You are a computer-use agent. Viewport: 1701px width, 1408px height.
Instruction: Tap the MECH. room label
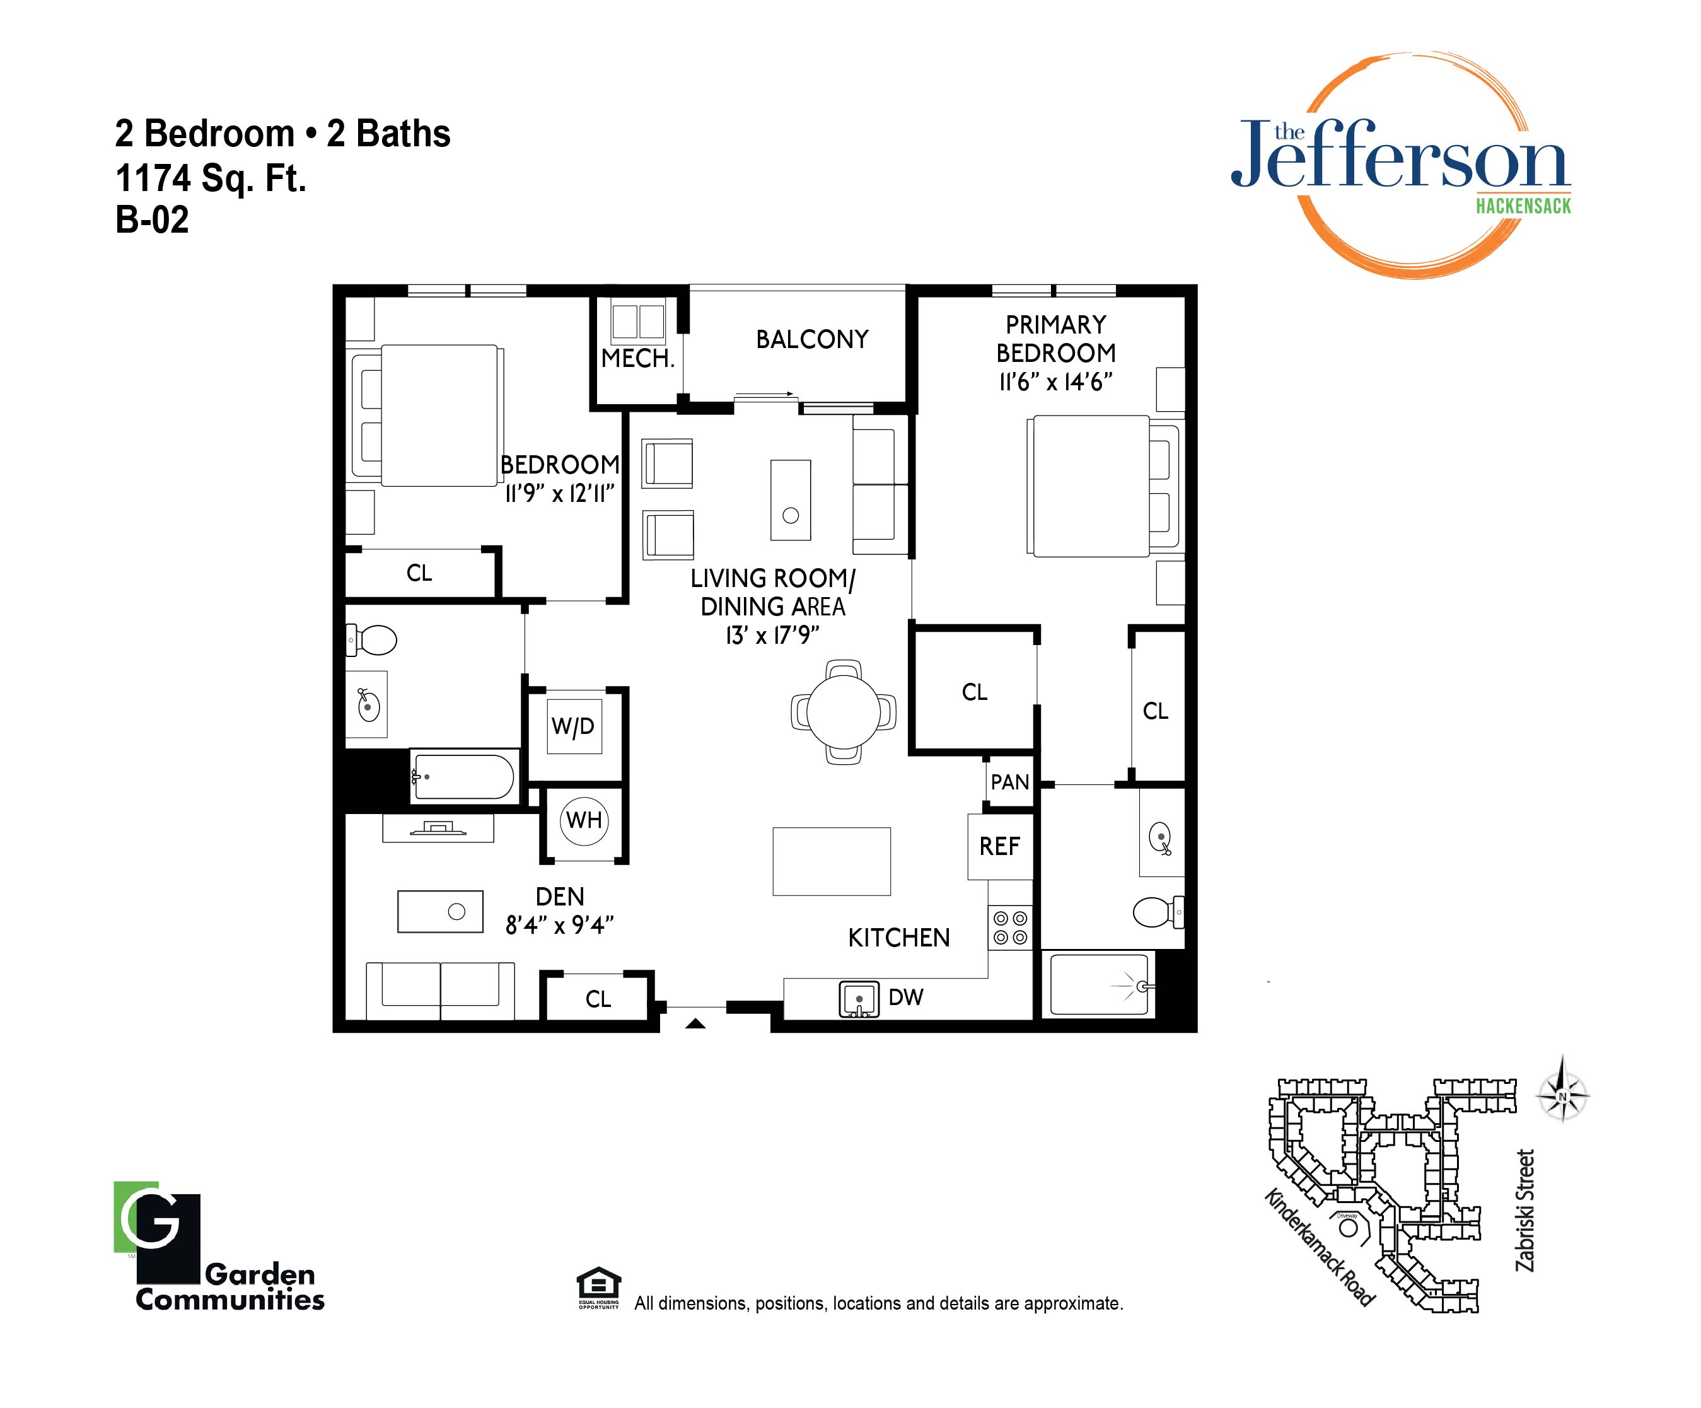point(637,359)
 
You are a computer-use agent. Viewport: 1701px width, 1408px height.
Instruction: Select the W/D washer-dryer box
point(574,726)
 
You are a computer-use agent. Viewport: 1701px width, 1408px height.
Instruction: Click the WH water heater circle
point(584,820)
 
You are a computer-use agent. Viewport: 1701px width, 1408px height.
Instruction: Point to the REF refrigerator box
point(999,847)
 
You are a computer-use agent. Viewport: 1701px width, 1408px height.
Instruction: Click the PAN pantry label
point(1009,783)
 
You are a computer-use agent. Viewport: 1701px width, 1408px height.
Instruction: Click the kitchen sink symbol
point(859,999)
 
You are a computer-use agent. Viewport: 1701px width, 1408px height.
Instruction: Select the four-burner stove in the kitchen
point(1010,928)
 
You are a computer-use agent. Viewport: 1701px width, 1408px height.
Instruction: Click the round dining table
point(843,712)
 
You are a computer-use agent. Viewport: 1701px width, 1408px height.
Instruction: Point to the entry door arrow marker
point(695,1024)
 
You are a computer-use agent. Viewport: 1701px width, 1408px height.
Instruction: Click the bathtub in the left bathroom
point(463,776)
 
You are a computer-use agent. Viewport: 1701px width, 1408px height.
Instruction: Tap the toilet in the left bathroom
point(372,640)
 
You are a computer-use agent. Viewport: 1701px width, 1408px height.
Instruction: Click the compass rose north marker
point(1562,1097)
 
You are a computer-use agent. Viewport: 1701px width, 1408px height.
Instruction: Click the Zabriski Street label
point(1525,1211)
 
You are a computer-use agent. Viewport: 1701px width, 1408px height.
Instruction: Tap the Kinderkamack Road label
point(1320,1248)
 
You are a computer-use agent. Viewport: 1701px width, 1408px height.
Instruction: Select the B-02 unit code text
point(153,219)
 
